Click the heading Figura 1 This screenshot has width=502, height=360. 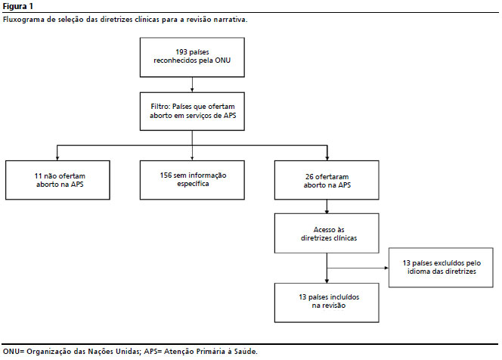(x=17, y=6)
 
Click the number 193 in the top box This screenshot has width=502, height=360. (x=181, y=52)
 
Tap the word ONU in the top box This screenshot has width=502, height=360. (x=222, y=61)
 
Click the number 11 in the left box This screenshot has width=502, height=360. (x=38, y=175)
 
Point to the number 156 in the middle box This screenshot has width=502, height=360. (x=166, y=175)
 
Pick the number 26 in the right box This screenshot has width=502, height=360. (x=309, y=176)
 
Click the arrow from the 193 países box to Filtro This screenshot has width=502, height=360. (x=192, y=85)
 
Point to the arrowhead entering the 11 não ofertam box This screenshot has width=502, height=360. (x=57, y=158)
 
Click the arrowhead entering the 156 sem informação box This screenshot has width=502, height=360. (x=192, y=158)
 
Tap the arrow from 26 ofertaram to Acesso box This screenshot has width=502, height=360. (x=327, y=206)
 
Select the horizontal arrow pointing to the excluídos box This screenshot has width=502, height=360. (x=358, y=268)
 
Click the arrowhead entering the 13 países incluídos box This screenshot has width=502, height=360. (x=327, y=281)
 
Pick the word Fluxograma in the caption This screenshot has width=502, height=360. (x=23, y=20)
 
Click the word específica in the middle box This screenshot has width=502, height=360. (x=193, y=184)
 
